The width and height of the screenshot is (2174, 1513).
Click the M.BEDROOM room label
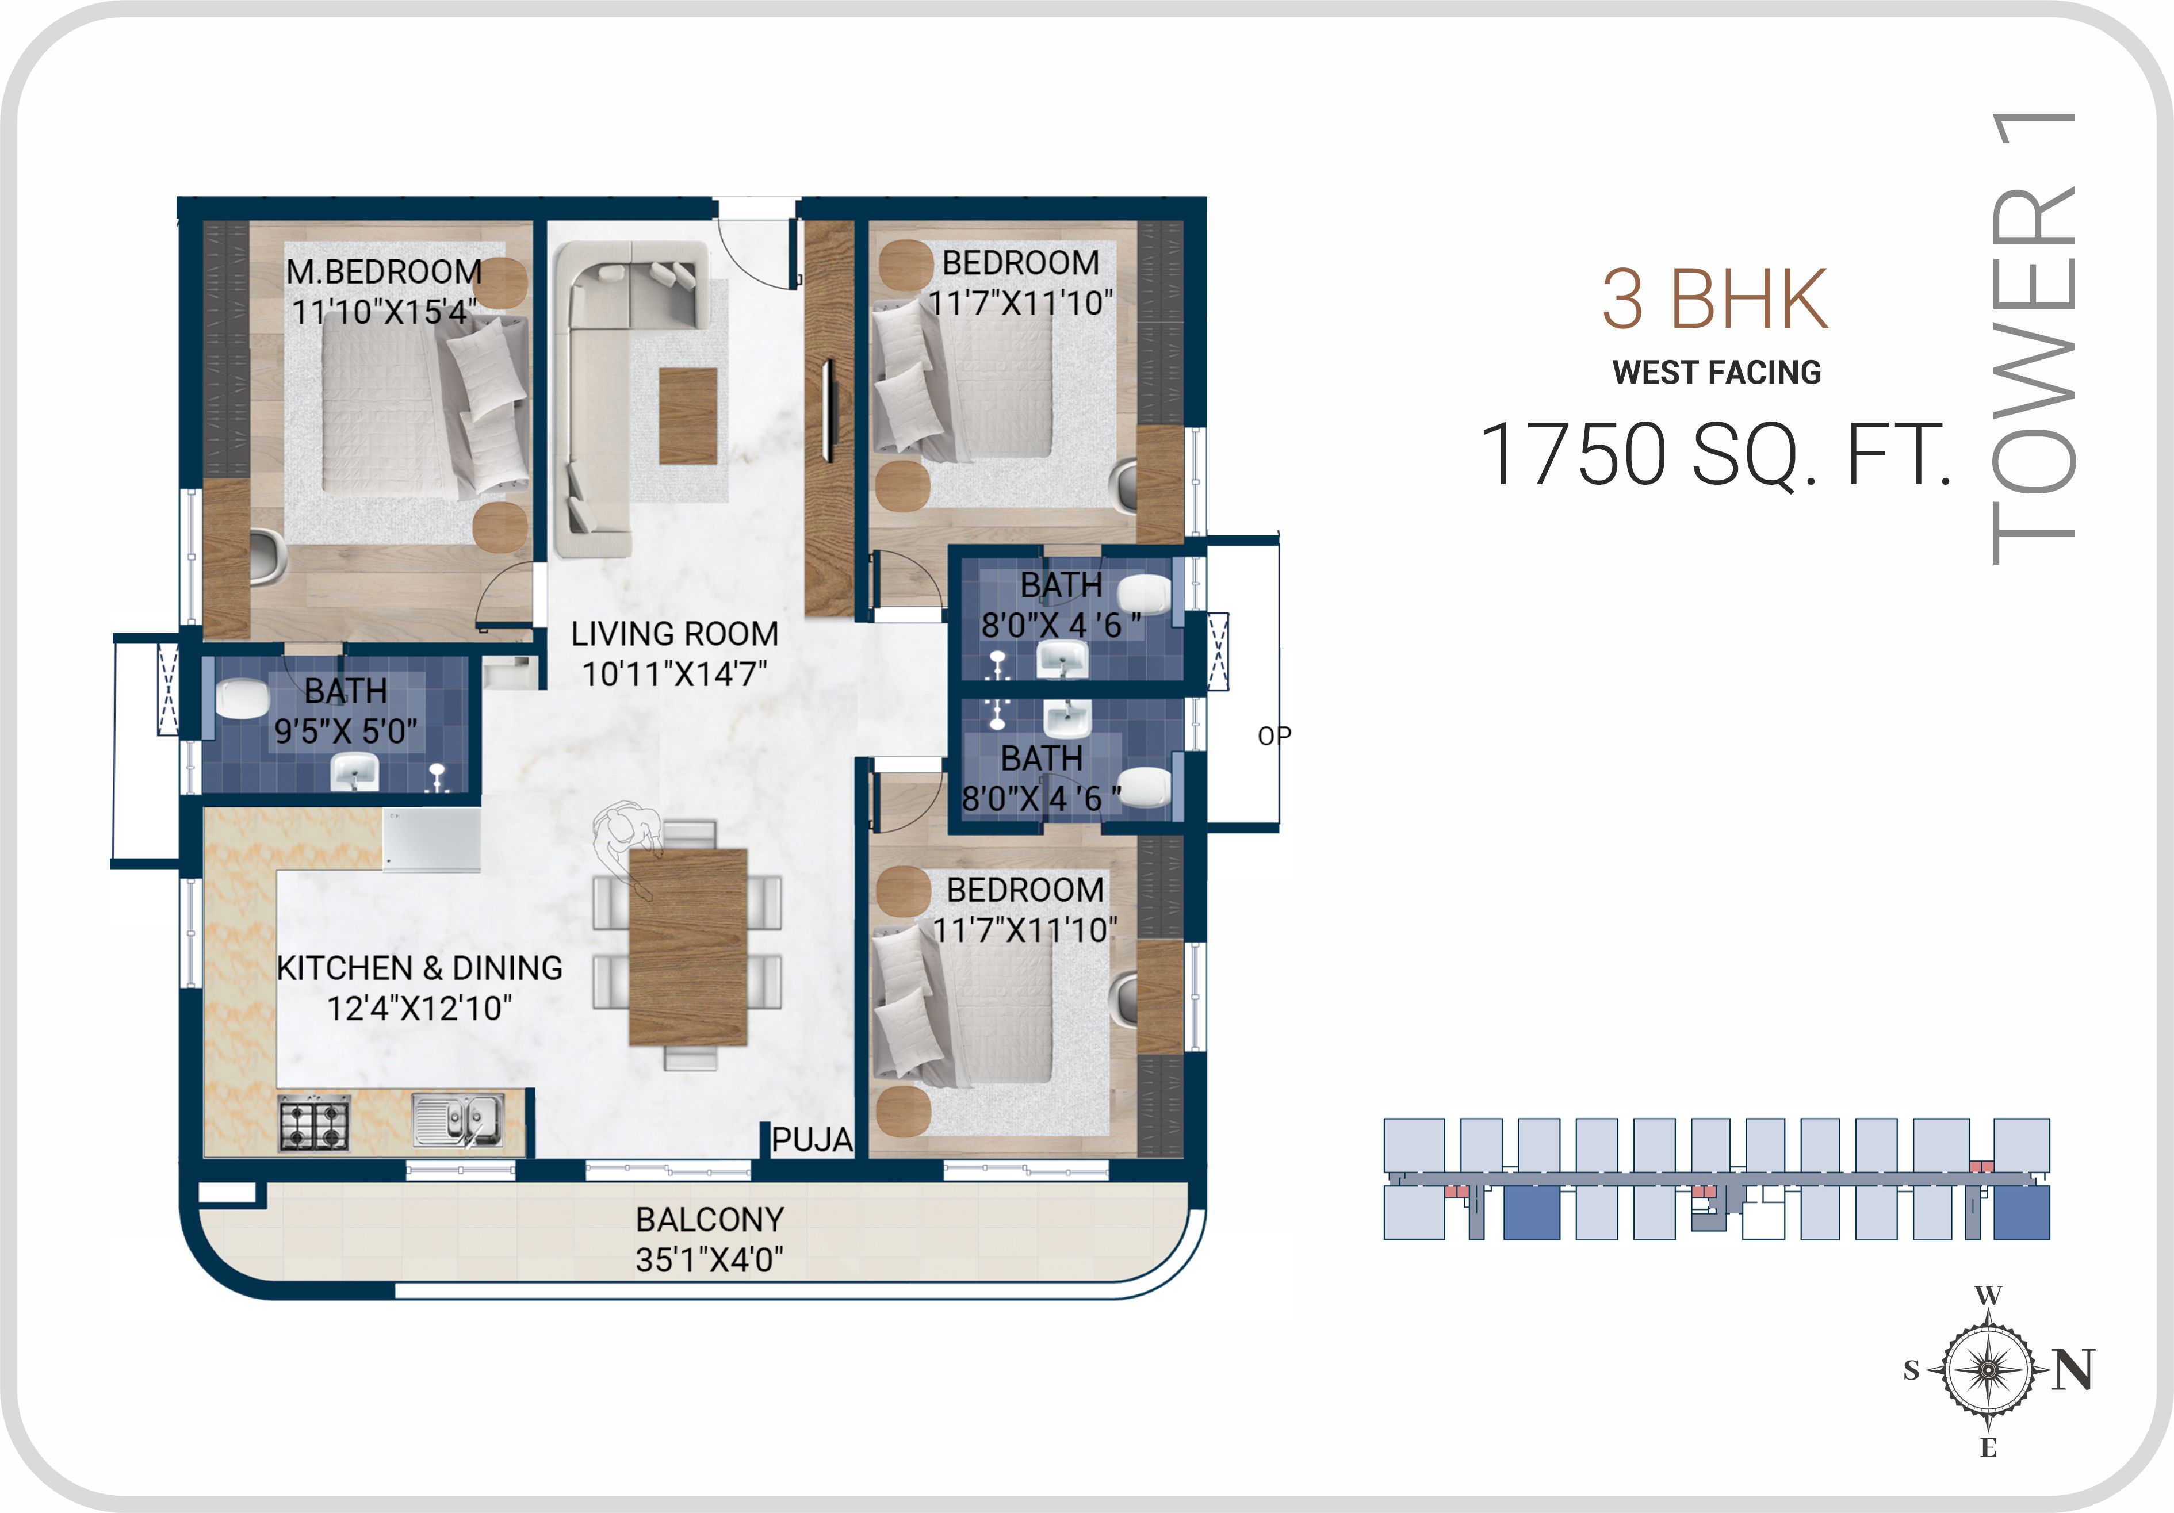[x=384, y=272]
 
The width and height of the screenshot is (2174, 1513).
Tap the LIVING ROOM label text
[x=674, y=633]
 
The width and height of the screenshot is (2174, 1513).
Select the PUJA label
[x=812, y=1139]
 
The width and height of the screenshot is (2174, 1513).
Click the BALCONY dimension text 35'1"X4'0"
[x=709, y=1260]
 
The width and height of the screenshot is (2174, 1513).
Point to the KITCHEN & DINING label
[x=419, y=968]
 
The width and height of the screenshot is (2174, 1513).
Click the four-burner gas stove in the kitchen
[x=313, y=1123]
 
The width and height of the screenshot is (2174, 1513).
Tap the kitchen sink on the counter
[x=458, y=1120]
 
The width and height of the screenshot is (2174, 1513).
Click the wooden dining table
[x=688, y=947]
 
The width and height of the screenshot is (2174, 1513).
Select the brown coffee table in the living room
[x=687, y=416]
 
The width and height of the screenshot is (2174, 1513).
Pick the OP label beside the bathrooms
[x=1273, y=736]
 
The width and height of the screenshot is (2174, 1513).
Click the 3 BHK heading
[x=1715, y=299]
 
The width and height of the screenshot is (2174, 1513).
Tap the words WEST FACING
[x=1717, y=372]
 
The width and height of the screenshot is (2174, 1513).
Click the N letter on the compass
[x=2073, y=1369]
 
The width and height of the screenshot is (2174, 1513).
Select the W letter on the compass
[x=1988, y=1295]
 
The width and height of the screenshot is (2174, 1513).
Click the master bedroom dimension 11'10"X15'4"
[x=384, y=312]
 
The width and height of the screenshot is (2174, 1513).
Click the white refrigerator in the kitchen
[x=432, y=839]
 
